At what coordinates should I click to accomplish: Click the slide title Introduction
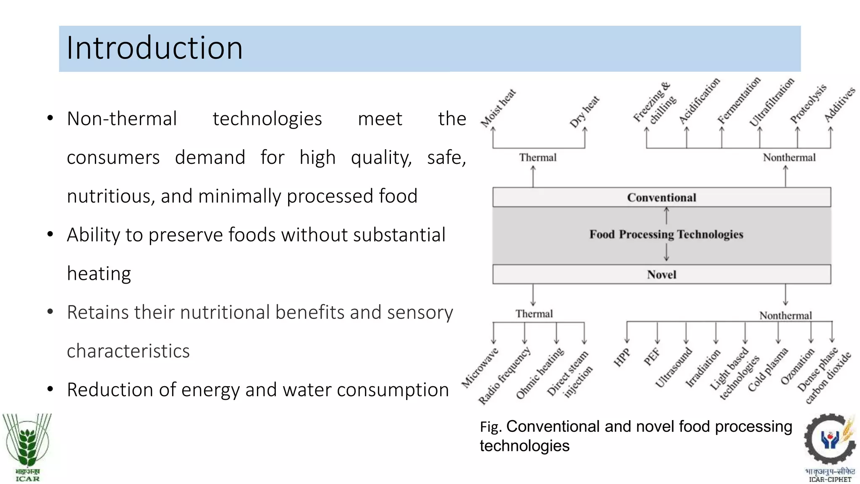155,48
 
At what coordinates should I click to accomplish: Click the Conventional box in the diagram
661,197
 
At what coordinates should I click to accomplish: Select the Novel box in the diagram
661,274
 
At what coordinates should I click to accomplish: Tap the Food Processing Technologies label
666,234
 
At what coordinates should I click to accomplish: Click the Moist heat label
498,108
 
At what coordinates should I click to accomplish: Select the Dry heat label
585,112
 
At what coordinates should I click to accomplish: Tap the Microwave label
480,368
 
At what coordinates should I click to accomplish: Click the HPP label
622,358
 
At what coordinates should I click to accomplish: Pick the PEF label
652,357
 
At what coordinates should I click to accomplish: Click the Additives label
839,105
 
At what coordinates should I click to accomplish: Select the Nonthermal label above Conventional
789,158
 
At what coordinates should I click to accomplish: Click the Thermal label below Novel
534,314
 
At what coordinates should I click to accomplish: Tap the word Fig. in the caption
491,427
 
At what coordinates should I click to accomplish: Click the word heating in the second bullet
99,274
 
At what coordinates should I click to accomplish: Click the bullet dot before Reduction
50,389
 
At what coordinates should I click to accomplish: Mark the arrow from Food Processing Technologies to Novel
666,253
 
